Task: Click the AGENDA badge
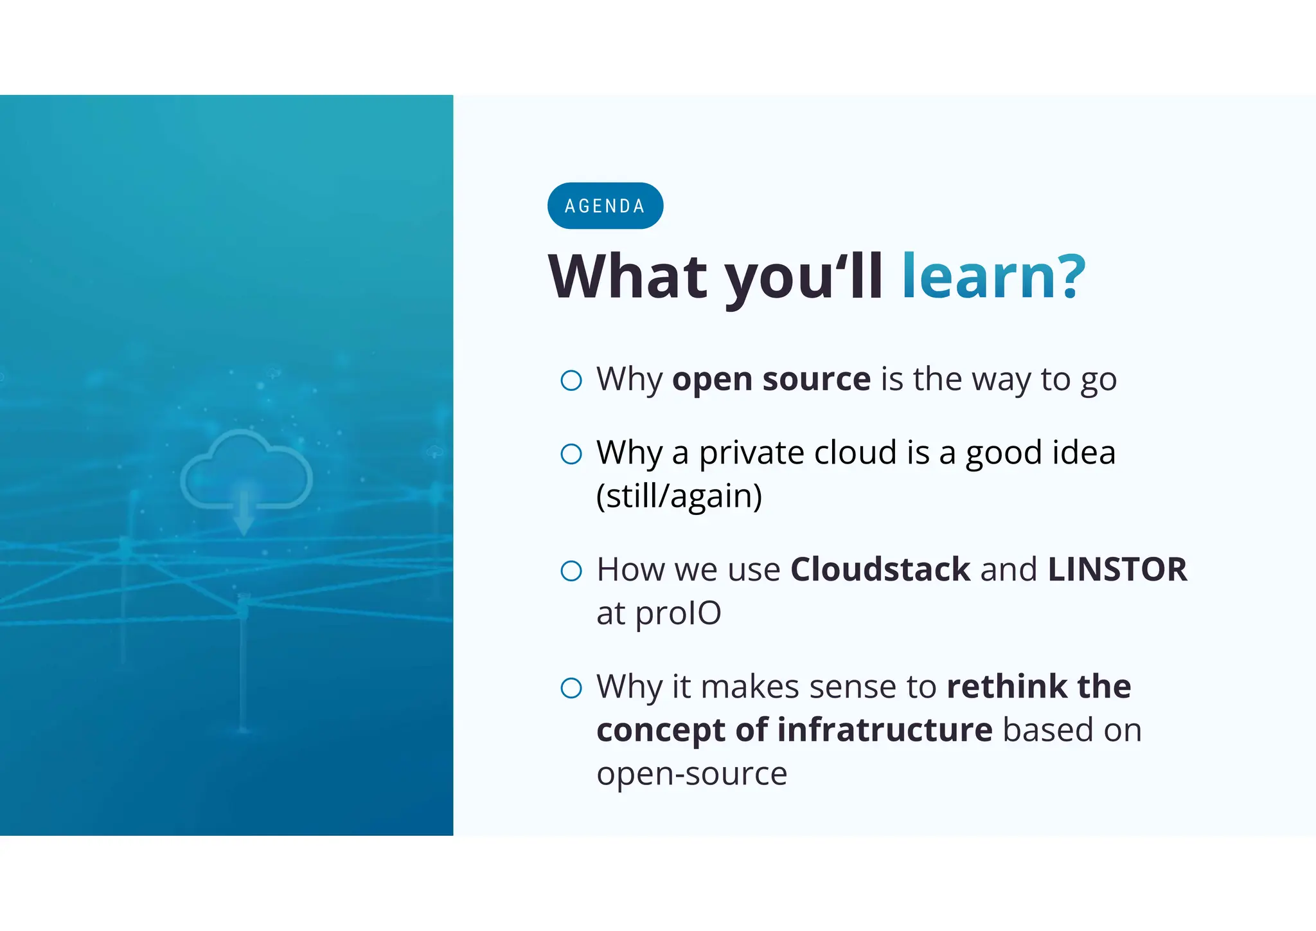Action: pyautogui.click(x=605, y=206)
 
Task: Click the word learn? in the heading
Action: pyautogui.click(x=993, y=276)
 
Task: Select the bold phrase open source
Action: pyautogui.click(x=771, y=379)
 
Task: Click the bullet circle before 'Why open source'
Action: pyautogui.click(x=571, y=380)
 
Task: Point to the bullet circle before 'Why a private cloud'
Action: pyautogui.click(x=571, y=454)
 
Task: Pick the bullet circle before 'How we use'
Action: pyautogui.click(x=571, y=571)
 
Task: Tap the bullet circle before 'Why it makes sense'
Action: pyautogui.click(x=571, y=688)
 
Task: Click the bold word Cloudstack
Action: pyautogui.click(x=880, y=570)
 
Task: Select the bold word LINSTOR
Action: pyautogui.click(x=1117, y=570)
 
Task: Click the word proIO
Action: pyautogui.click(x=678, y=614)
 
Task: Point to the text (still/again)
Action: pyautogui.click(x=679, y=496)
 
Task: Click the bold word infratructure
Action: pyautogui.click(x=885, y=730)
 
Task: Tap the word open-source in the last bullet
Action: pyautogui.click(x=691, y=774)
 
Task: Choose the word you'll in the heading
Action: pyautogui.click(x=803, y=276)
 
